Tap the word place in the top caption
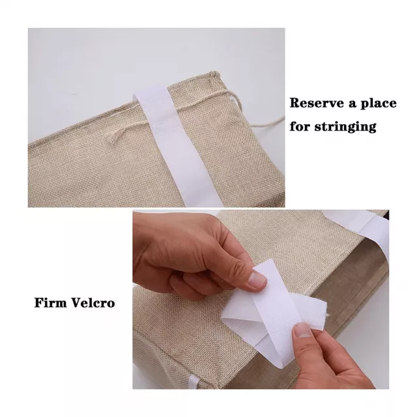click(x=378, y=104)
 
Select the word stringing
click(x=345, y=126)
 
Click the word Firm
click(x=50, y=302)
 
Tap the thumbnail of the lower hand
click(x=302, y=331)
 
